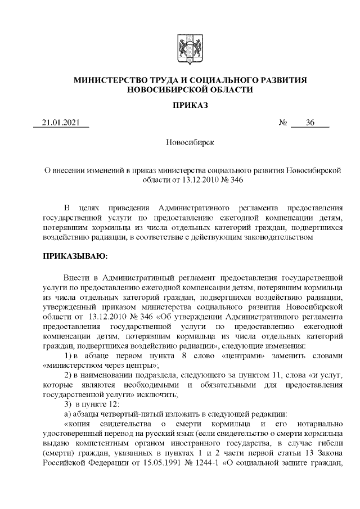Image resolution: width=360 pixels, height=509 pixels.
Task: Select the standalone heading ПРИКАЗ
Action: click(x=190, y=105)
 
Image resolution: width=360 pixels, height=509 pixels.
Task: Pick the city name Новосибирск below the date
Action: click(x=190, y=143)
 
